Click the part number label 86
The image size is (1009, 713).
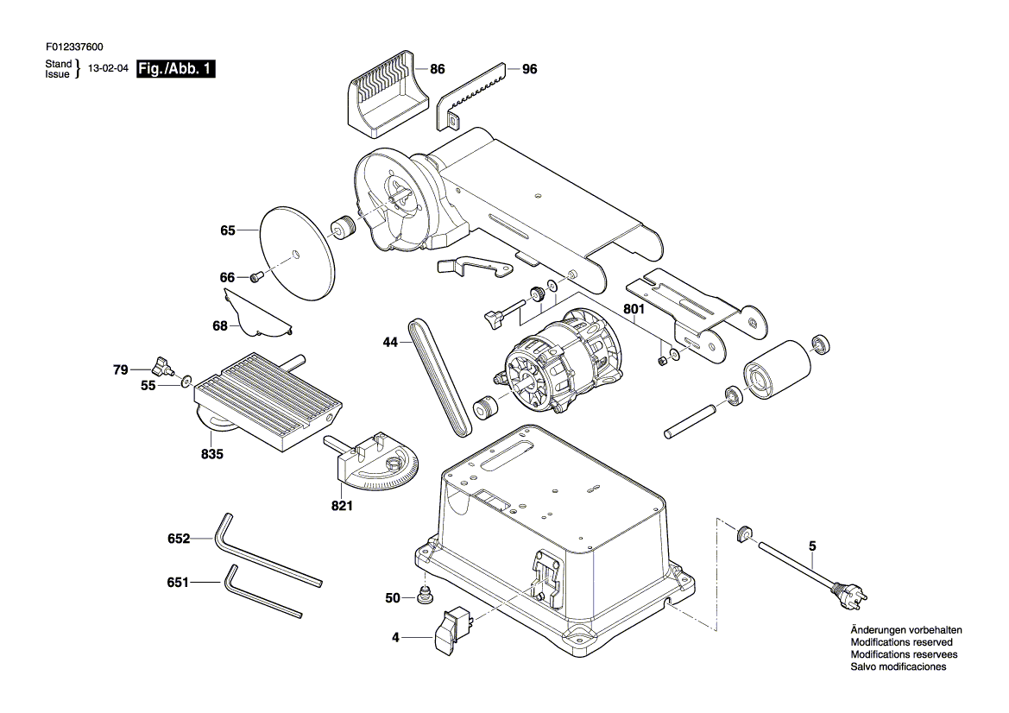coord(438,69)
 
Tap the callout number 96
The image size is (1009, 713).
coord(530,69)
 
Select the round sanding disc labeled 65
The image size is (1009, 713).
coord(298,252)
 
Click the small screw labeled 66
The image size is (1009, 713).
coord(257,277)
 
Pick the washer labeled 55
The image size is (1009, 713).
coord(186,382)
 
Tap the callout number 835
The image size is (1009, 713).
coord(212,454)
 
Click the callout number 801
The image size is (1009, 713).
coord(634,309)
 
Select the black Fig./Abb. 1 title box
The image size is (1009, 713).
coord(176,69)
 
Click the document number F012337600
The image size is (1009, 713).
coord(74,47)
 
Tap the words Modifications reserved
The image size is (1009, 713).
coord(901,642)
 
